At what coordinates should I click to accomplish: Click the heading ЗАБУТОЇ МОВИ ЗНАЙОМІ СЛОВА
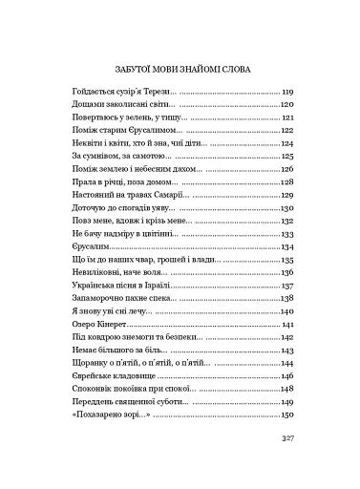point(180,69)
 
